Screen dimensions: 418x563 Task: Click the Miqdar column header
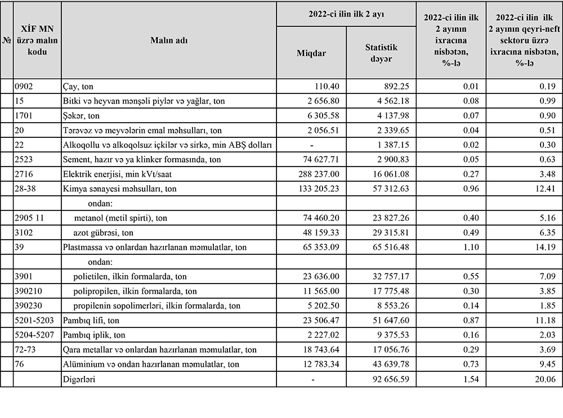(x=311, y=53)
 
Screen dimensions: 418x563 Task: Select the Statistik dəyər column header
(x=381, y=53)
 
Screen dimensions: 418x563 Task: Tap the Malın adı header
(x=169, y=40)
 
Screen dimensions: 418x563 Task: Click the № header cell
(x=7, y=40)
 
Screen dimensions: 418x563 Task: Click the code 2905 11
(x=32, y=218)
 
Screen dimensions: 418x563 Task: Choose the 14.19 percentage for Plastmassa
(x=544, y=248)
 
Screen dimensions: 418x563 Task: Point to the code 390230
(x=30, y=306)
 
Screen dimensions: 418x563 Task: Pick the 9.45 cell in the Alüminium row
(x=547, y=365)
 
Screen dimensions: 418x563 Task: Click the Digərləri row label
(x=79, y=379)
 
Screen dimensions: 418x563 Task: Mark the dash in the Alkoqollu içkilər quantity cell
(x=311, y=145)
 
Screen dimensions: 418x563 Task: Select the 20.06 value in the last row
(x=544, y=379)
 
